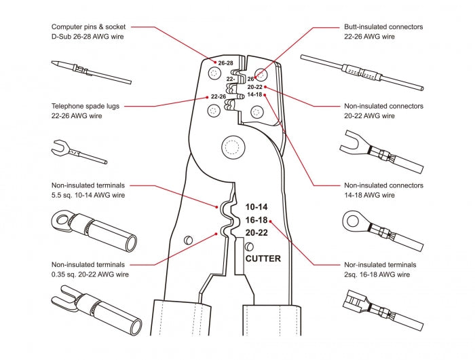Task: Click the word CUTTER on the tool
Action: [263, 259]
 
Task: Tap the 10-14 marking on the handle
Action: [257, 206]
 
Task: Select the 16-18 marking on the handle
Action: [257, 219]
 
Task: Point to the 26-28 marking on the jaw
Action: [225, 63]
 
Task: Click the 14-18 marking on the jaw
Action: [254, 94]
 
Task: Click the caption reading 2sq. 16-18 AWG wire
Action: [377, 274]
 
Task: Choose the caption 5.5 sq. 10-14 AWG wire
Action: [88, 195]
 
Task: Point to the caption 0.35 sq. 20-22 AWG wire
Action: [88, 274]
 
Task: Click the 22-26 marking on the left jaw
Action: [218, 96]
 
